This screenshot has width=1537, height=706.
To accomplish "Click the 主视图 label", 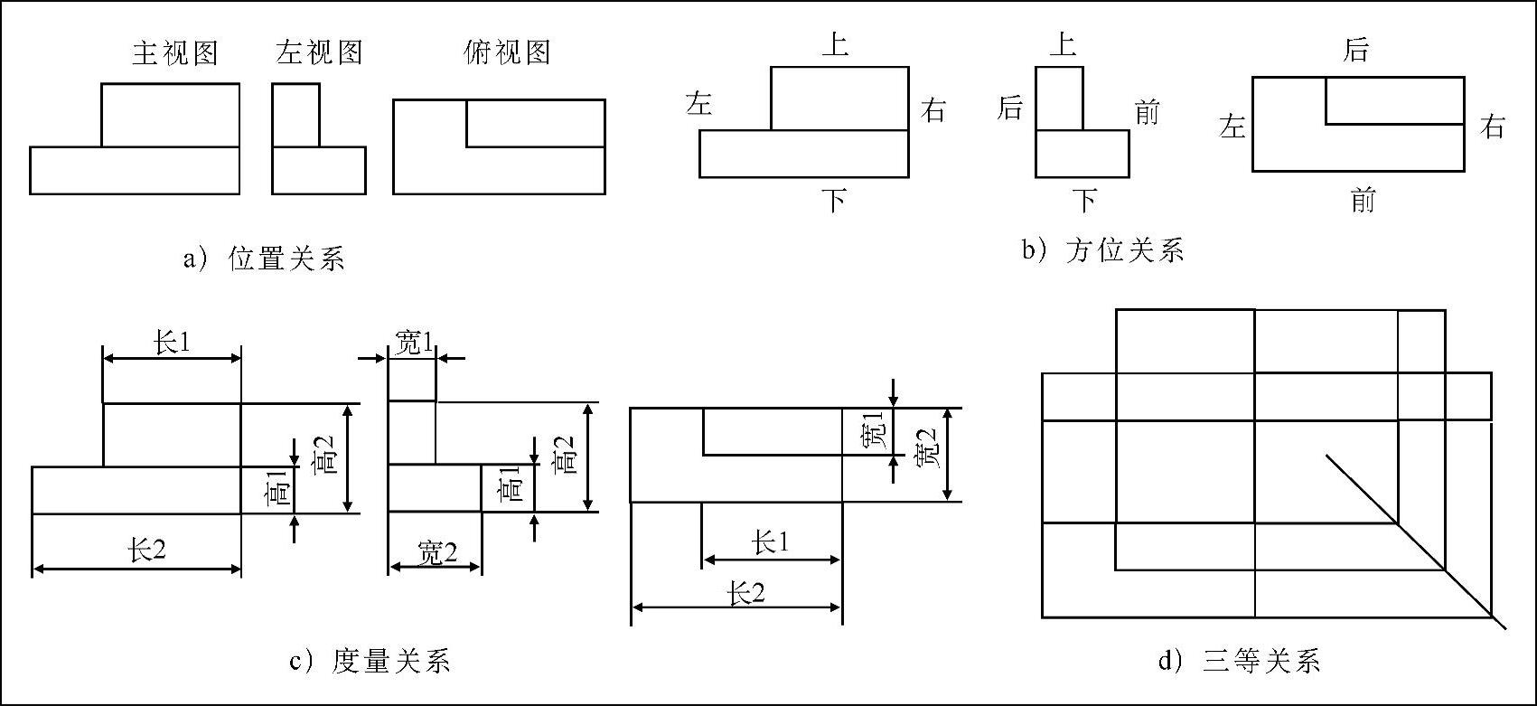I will (x=175, y=53).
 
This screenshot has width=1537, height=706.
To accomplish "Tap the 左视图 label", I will (x=319, y=52).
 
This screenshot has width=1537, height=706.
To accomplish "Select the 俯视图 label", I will (x=507, y=52).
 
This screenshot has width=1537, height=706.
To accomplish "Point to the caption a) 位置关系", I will (x=264, y=260).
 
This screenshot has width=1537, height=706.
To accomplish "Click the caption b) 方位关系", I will (x=1103, y=250).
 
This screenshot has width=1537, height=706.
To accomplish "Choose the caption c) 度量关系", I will (x=370, y=662).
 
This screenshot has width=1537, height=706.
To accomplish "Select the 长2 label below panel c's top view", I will (x=746, y=594).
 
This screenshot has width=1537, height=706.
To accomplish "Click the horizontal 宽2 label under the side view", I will (x=437, y=553).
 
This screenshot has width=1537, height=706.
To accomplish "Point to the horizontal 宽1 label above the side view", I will (x=415, y=343).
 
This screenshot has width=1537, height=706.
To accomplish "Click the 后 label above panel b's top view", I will (x=1355, y=51).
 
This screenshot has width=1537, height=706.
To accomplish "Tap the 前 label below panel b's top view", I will (x=1363, y=200).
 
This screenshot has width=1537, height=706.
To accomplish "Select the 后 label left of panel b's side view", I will (x=1010, y=109).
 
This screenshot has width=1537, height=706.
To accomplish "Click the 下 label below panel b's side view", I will (x=1083, y=200).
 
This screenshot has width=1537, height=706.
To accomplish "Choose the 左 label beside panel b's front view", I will (x=699, y=105).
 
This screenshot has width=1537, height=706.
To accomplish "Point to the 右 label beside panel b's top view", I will (x=1493, y=127).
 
